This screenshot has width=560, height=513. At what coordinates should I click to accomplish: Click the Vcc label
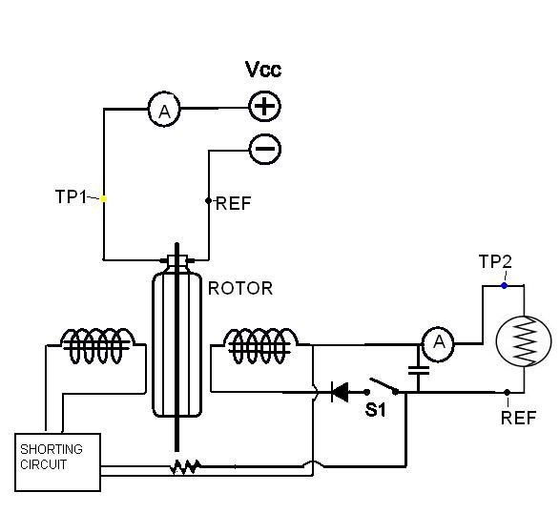263,70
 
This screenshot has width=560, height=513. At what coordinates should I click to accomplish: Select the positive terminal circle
264,107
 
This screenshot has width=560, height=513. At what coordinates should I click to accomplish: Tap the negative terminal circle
264,149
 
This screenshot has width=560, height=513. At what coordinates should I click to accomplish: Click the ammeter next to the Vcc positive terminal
164,110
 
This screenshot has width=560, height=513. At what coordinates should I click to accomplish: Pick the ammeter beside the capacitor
438,344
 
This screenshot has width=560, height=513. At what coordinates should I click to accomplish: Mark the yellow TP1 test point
104,199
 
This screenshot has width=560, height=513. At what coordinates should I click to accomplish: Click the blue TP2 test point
504,285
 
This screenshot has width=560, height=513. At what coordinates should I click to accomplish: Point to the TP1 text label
71,196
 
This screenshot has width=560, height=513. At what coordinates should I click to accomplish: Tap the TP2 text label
495,261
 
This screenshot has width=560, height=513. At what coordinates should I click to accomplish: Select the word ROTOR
240,289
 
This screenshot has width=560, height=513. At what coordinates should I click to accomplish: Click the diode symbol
340,392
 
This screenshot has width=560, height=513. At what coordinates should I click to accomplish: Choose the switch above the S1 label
383,387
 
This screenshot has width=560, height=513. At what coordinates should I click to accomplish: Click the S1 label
375,410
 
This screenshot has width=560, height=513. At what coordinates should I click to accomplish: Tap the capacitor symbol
419,370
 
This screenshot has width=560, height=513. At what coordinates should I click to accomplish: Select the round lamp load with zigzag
524,341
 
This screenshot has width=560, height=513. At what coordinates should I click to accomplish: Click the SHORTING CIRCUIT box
57,462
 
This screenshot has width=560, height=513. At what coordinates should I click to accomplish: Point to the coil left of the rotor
97,345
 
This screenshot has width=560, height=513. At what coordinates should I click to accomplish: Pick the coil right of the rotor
260,345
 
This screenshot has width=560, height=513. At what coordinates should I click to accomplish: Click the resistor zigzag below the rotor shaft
185,467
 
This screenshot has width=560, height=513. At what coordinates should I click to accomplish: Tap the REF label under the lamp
519,418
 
